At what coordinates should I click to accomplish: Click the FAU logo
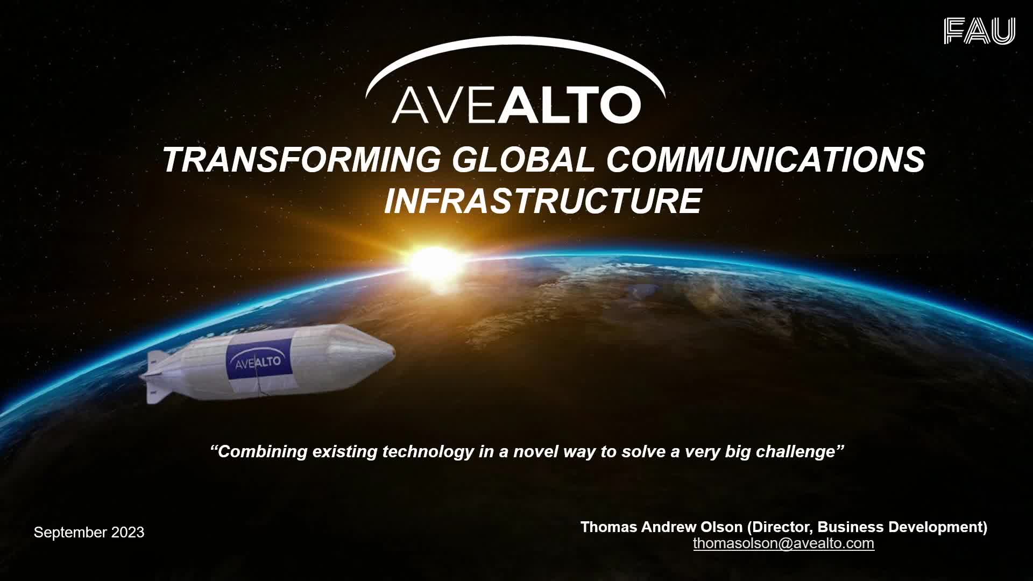click(979, 31)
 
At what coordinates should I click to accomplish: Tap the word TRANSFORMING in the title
click(302, 160)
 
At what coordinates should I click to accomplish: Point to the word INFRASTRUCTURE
click(543, 201)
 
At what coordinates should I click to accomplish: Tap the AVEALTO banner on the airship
click(259, 362)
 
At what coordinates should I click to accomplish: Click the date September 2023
click(89, 533)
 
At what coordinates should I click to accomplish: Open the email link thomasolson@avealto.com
click(783, 543)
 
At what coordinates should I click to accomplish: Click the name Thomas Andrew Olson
click(661, 527)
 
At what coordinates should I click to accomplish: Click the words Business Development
click(901, 527)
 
